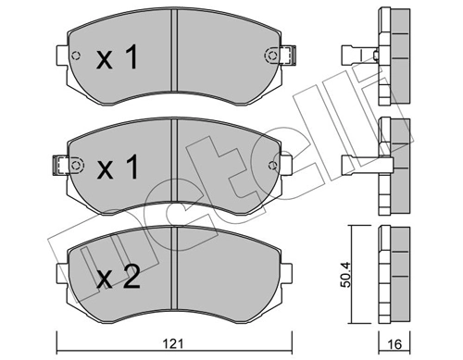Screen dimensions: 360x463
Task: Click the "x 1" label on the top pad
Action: point(119,59)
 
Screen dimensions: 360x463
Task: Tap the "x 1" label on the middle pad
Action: point(119,169)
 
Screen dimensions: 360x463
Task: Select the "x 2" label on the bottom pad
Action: point(119,277)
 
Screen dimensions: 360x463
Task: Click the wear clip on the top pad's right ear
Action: point(288,56)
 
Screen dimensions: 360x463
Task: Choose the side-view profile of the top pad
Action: point(393,51)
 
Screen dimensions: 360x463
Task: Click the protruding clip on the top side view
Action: point(357,53)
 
